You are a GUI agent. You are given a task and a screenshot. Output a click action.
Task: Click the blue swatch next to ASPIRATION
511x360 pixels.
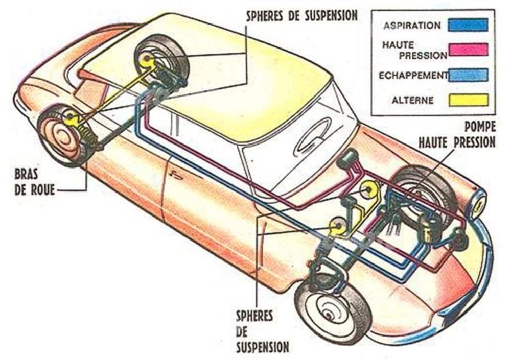(x=468, y=25)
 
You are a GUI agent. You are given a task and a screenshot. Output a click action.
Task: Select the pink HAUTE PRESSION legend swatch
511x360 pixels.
(x=468, y=50)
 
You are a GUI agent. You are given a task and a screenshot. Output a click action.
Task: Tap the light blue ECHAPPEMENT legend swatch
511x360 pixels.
(x=468, y=75)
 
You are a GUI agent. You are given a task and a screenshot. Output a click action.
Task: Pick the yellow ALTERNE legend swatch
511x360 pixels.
(x=468, y=100)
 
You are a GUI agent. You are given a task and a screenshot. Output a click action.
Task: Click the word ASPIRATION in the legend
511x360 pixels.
(x=412, y=26)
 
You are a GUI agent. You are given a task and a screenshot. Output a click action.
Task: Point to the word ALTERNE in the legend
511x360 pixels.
(x=412, y=100)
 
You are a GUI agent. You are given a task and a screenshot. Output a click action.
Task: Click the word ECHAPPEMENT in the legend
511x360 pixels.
(x=413, y=75)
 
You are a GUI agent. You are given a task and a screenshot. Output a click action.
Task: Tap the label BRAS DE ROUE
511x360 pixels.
(x=34, y=182)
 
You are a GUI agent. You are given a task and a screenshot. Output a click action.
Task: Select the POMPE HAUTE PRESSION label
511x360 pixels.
(x=457, y=134)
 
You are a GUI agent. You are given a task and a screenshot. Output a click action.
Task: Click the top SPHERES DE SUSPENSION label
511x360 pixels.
(x=301, y=15)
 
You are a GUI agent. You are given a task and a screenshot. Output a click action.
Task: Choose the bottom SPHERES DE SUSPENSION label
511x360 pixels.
(x=262, y=331)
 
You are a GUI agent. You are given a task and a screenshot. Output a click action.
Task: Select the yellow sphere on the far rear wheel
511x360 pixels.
(x=146, y=59)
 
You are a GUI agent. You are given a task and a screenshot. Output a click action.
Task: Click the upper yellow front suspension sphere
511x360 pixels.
(x=368, y=190)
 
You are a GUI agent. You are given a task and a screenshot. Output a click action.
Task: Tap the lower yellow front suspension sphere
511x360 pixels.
(x=338, y=226)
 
